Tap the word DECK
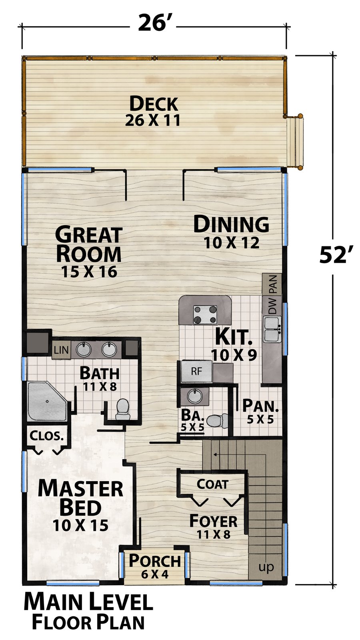[x=154, y=104]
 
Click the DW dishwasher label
[x=272, y=305]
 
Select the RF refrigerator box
[x=196, y=371]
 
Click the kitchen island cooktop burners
[x=205, y=314]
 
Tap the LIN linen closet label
[x=61, y=350]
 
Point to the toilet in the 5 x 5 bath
[x=218, y=420]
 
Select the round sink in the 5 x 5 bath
[x=195, y=396]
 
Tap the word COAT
[x=212, y=484]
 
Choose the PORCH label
[x=155, y=560]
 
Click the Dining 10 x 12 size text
[x=232, y=242]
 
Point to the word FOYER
[x=214, y=521]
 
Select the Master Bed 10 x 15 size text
[x=80, y=525]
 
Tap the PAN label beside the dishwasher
[x=273, y=284]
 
